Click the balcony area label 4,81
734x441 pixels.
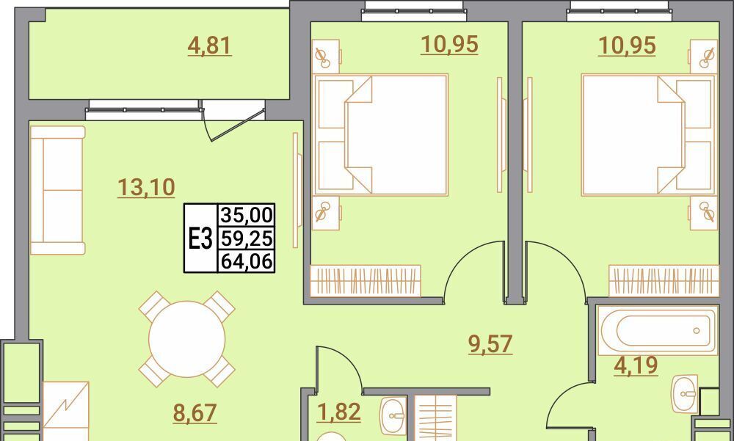209,46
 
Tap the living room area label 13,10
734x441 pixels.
146,187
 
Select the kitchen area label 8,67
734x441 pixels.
195,413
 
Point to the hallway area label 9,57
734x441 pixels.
490,344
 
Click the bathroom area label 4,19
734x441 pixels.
636,365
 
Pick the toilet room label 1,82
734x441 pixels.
338,412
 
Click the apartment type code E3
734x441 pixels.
201,238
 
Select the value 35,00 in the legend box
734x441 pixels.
246,215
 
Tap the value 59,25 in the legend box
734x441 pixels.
246,238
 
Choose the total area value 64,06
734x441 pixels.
246,261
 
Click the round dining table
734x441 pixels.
186,339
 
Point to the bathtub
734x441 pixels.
657,330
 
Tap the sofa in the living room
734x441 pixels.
57,190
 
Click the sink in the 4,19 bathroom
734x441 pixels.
684,393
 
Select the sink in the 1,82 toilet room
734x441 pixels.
393,416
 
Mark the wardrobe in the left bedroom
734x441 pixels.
365,281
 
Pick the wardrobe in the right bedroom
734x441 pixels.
664,281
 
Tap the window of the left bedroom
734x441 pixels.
414,11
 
